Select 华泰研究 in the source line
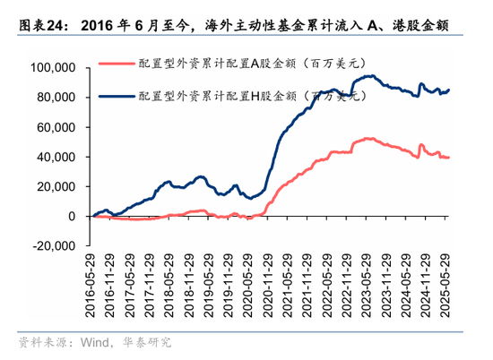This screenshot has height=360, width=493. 145,342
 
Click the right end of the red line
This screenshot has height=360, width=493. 449,158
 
